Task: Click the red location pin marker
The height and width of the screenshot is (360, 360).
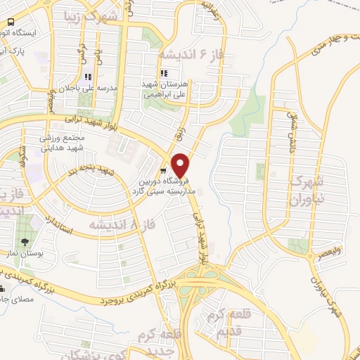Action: [181, 165]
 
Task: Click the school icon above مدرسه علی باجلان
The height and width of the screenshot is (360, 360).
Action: [87, 77]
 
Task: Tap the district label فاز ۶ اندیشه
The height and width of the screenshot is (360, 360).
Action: [184, 54]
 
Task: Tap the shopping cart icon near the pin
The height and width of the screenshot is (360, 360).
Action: [163, 170]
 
